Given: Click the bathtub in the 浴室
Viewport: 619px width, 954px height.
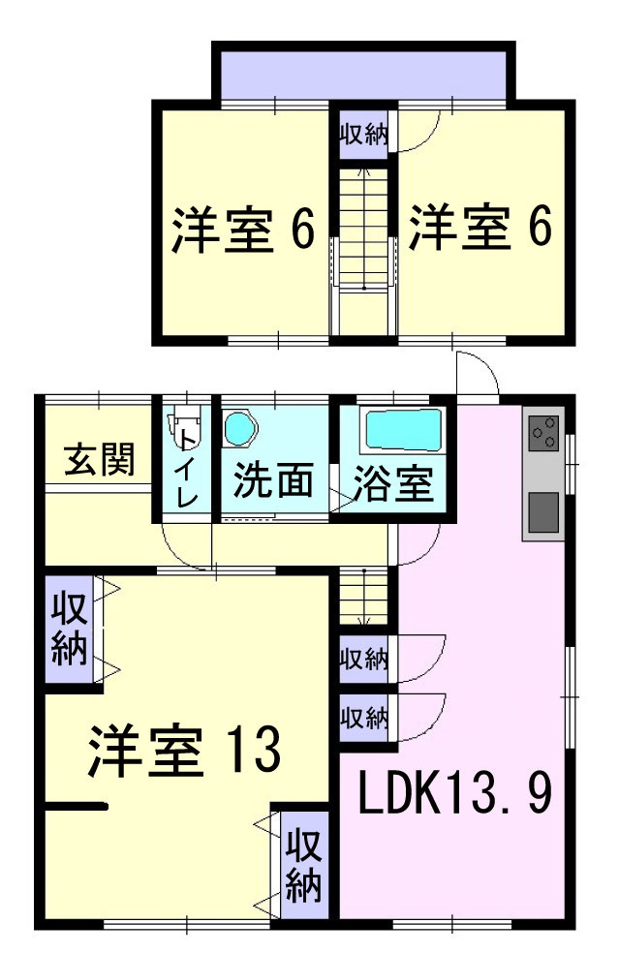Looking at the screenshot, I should pyautogui.click(x=401, y=427).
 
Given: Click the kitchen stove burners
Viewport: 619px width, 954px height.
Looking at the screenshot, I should pyautogui.click(x=544, y=432).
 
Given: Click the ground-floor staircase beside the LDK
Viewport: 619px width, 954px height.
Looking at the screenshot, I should pyautogui.click(x=363, y=601).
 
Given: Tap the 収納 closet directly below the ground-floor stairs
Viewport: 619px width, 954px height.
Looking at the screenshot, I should pyautogui.click(x=363, y=662).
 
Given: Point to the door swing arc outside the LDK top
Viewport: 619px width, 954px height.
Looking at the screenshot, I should pyautogui.click(x=478, y=374).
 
